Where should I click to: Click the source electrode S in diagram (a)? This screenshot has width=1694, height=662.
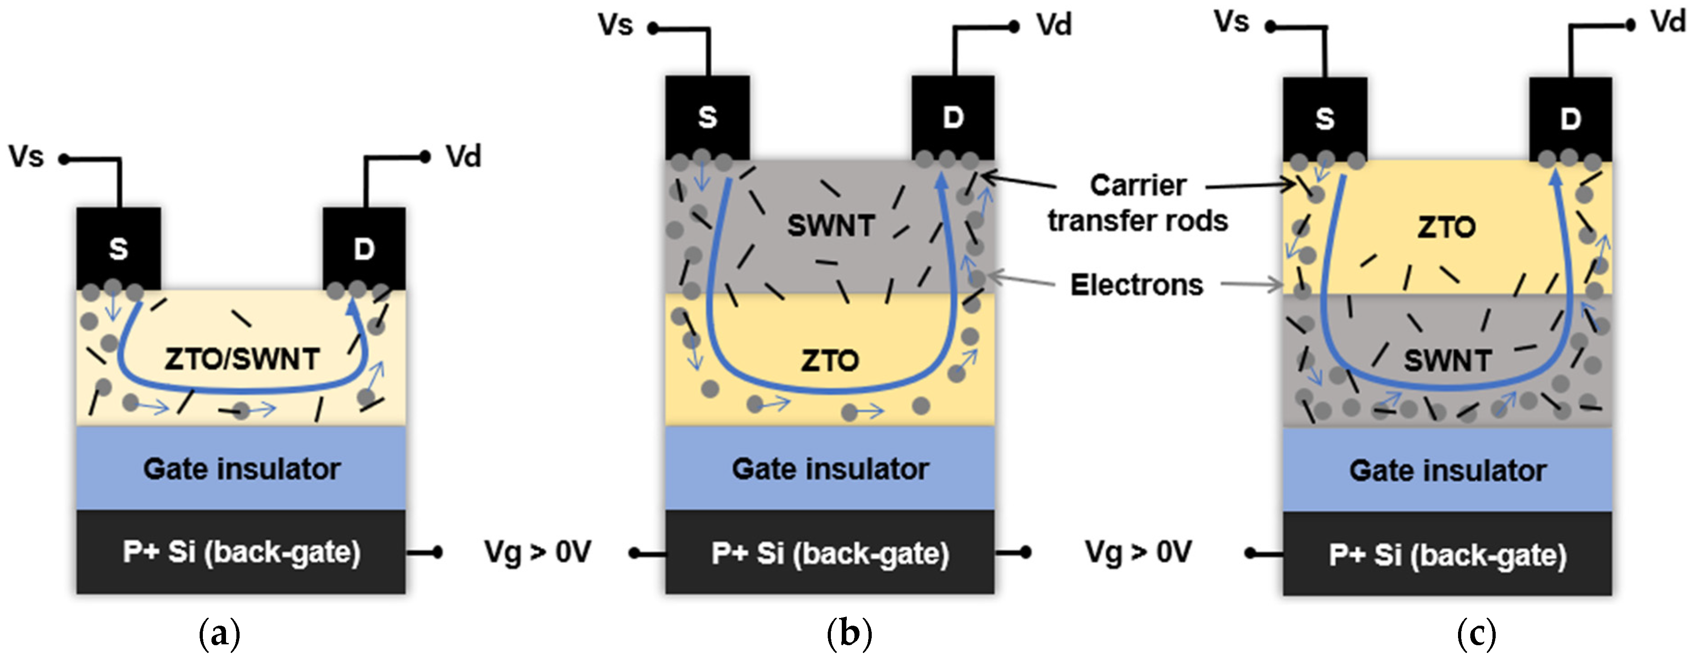118,249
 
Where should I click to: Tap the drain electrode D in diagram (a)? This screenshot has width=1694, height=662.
363,249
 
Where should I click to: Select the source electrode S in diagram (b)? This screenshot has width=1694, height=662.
707,117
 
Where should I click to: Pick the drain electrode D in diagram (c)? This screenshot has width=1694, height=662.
1571,119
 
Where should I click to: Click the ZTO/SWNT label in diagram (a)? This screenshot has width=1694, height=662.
242,359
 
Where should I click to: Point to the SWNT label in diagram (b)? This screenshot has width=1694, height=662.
830,226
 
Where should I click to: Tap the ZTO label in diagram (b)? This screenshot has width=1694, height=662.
830,360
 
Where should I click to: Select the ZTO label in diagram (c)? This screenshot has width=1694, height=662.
1446,227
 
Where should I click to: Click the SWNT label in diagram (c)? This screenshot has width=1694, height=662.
1447,360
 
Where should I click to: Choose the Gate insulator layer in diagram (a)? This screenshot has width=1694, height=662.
241,469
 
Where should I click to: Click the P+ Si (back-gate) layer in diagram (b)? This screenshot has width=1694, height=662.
830,553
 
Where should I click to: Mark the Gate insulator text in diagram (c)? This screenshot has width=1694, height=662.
1448,470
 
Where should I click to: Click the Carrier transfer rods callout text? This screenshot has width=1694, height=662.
1138,202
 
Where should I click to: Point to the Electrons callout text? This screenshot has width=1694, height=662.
1136,284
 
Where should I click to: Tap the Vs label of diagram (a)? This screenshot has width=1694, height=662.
26,157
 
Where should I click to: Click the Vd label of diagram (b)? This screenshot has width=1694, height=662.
1054,25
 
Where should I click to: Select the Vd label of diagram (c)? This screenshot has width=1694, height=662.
1668,22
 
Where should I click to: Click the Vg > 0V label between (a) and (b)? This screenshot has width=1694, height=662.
537,552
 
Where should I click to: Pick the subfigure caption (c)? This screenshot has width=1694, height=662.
1476,634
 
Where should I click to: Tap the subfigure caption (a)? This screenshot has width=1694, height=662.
219,634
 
